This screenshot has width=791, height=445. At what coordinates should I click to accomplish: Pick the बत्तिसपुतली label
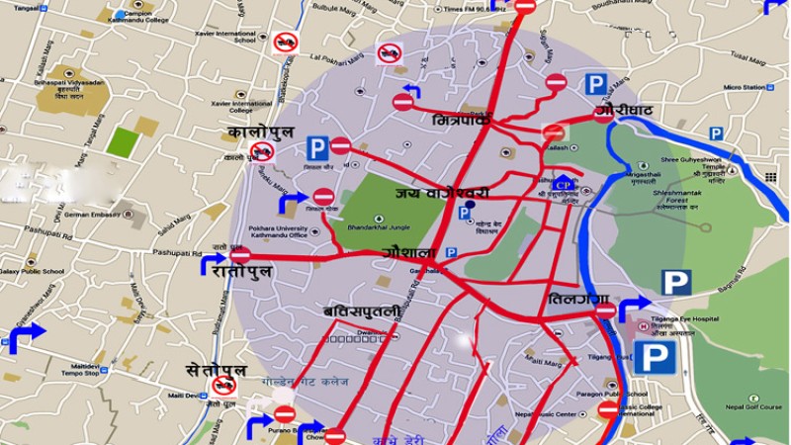click(362, 311)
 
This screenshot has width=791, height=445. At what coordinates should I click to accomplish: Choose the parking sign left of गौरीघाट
click(595, 84)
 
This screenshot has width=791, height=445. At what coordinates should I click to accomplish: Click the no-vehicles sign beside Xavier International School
click(286, 42)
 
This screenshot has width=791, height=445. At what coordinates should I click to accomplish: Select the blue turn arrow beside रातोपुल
click(215, 264)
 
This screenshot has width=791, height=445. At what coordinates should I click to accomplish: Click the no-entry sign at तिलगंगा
click(605, 311)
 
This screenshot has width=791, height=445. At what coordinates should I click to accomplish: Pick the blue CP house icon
click(564, 183)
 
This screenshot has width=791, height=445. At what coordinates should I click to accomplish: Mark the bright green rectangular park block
click(123, 141)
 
